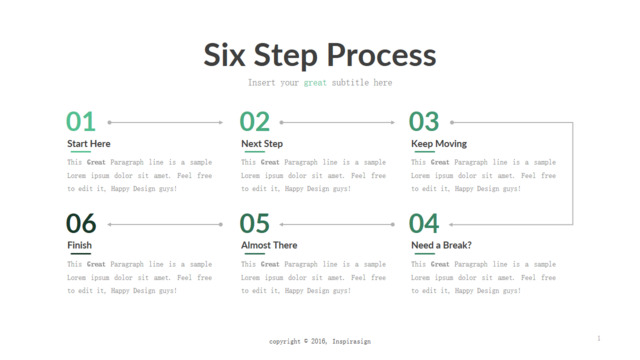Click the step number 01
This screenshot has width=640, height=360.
[x=81, y=122]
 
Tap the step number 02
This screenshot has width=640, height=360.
[x=255, y=122]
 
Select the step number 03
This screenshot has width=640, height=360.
[x=424, y=122]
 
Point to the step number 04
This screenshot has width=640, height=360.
[x=424, y=224]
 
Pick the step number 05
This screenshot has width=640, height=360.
[x=255, y=224]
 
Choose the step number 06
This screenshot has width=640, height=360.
[x=81, y=224]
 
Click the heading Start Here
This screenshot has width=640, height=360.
[x=89, y=144]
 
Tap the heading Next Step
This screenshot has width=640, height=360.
[x=262, y=144]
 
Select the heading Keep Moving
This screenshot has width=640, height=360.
[x=439, y=144]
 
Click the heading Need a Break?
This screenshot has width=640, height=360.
[x=441, y=245]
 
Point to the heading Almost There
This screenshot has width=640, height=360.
[x=269, y=245]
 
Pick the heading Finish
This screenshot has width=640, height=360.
[x=80, y=245]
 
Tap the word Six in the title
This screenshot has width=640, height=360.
[x=224, y=55]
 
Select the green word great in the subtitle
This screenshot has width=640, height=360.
[x=315, y=83]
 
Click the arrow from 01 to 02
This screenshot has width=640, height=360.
[x=165, y=122]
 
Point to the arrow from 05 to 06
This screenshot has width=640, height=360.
[x=165, y=224]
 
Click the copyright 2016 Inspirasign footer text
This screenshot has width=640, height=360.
[x=320, y=341]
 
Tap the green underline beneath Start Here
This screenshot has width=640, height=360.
[x=80, y=152]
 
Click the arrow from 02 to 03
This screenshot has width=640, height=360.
[x=337, y=122]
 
